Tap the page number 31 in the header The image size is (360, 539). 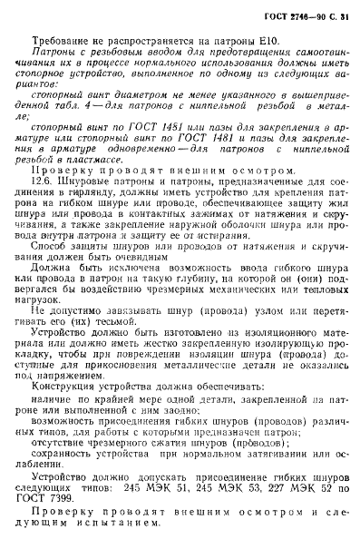(x=331, y=19)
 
